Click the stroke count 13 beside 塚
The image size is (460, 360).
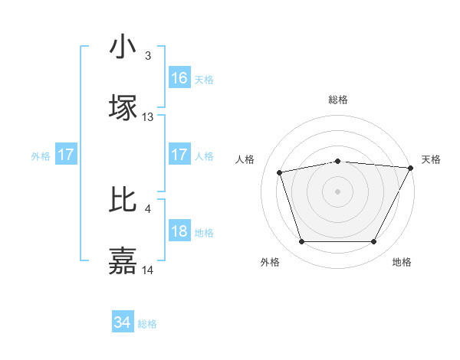[x=148, y=117]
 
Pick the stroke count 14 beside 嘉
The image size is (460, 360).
[x=148, y=270]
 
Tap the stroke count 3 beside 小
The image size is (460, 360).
[x=148, y=55]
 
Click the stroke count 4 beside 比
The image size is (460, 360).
[x=148, y=208]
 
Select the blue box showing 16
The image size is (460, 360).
[x=179, y=78]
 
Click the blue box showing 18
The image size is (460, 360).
[x=179, y=231]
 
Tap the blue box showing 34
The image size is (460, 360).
[x=123, y=323]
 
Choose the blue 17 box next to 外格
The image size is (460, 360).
[x=66, y=155]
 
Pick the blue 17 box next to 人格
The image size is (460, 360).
[x=179, y=155]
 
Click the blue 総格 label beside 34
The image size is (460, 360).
[x=147, y=324]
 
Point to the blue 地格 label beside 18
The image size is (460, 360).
[x=204, y=233]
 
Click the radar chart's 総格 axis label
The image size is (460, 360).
[x=337, y=100]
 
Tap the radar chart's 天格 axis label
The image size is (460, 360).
[x=432, y=159]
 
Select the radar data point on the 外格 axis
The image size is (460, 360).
[x=301, y=242]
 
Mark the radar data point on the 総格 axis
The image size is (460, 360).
[x=337, y=161]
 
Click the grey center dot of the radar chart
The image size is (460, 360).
[x=337, y=191]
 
